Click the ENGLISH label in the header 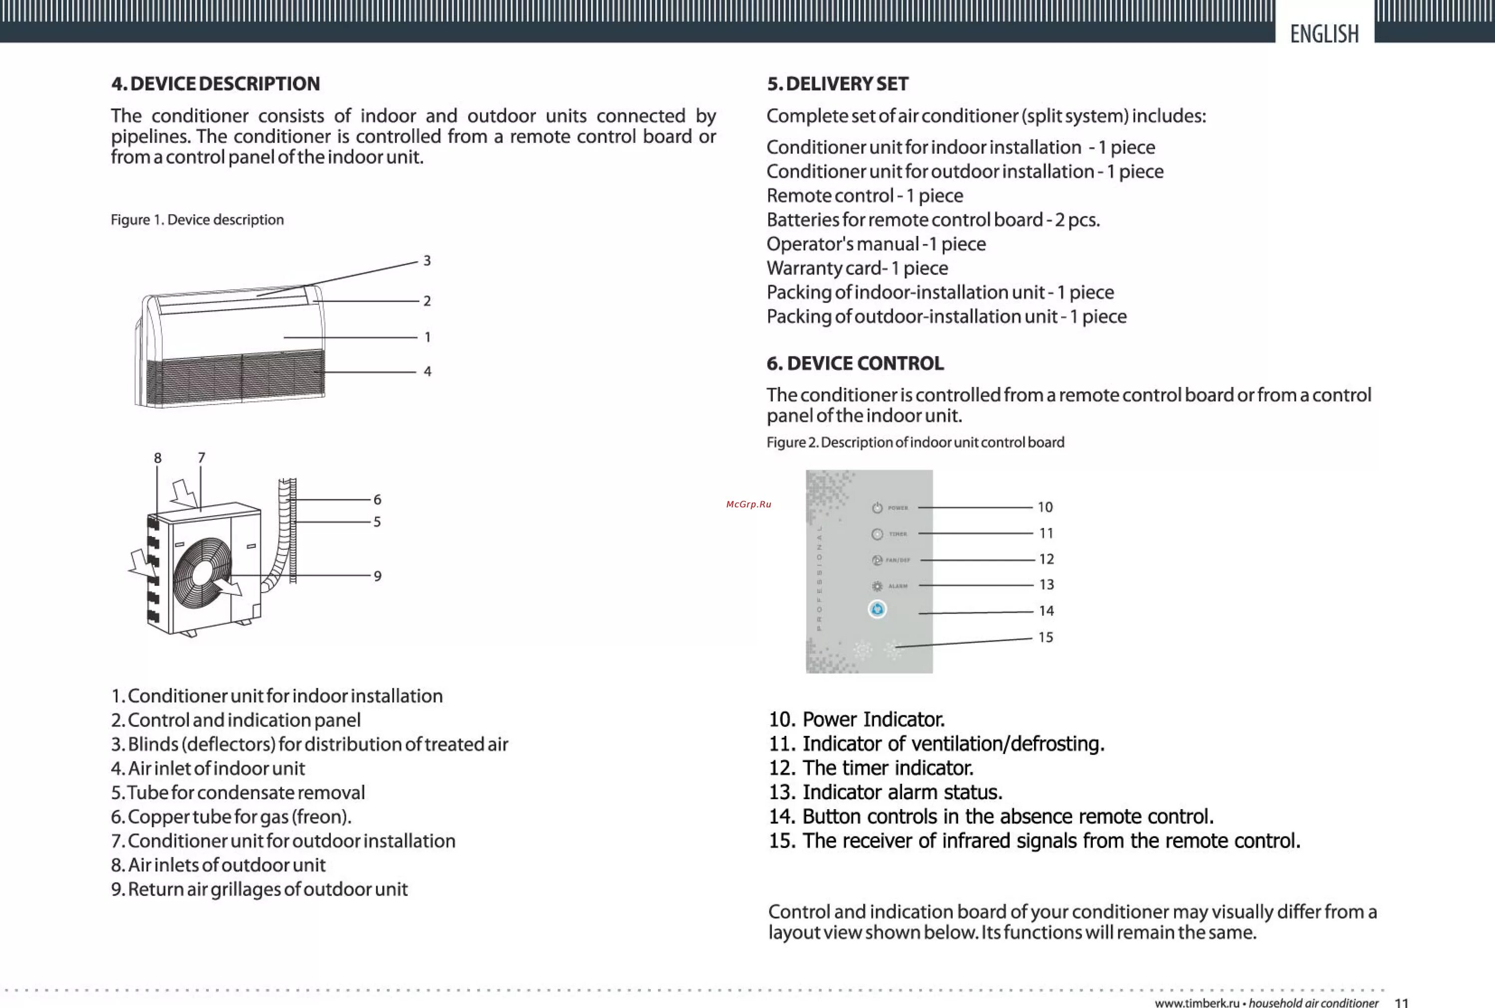(x=1324, y=33)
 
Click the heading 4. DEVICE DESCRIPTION (x=215, y=84)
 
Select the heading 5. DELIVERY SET (x=837, y=84)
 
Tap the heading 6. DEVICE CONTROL (x=855, y=363)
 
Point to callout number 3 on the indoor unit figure (x=427, y=260)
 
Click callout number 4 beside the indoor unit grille (x=427, y=371)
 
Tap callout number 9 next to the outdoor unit (x=378, y=576)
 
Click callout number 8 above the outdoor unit (x=157, y=458)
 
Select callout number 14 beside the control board (x=1046, y=611)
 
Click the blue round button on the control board (x=877, y=609)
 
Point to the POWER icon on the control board (x=877, y=508)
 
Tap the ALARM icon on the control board (x=877, y=586)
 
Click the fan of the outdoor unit (x=202, y=572)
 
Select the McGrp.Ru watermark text (x=748, y=504)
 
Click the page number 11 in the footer (x=1401, y=1002)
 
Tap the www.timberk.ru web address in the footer (x=1197, y=1002)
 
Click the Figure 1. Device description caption (x=197, y=220)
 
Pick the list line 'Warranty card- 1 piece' (x=857, y=268)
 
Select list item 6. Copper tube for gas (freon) (x=231, y=817)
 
